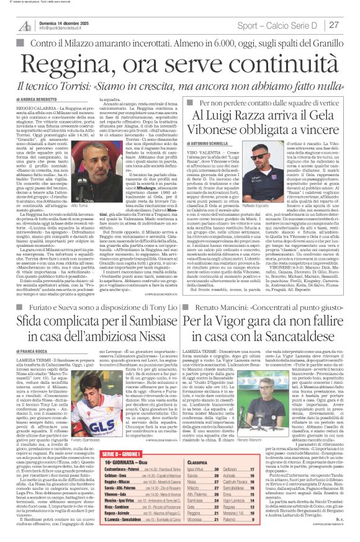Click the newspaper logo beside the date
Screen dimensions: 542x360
(x=25, y=25)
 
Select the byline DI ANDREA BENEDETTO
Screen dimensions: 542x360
(x=37, y=99)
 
